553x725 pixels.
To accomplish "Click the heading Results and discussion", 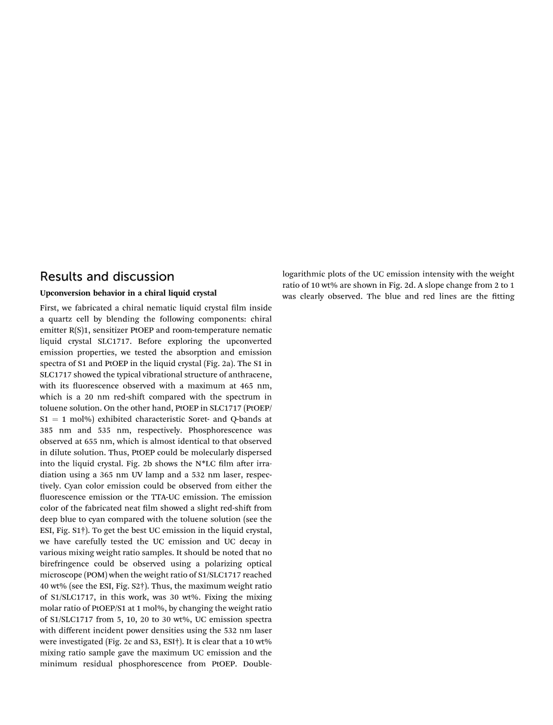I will [x=107, y=276].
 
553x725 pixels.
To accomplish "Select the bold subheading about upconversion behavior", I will [x=128, y=293].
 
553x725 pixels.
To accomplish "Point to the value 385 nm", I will [x=53, y=430].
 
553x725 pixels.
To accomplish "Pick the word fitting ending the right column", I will [x=501, y=296].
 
